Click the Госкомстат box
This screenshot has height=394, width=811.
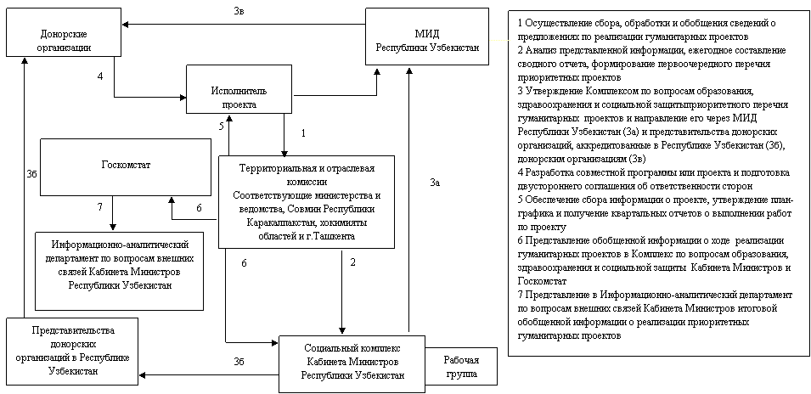coord(126,167)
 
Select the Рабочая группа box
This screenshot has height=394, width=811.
coord(461,367)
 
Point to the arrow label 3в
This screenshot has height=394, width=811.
coord(239,10)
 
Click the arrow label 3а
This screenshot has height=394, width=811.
coord(435,182)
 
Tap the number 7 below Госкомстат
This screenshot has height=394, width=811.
coord(100,207)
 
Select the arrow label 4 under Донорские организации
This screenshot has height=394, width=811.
coord(100,76)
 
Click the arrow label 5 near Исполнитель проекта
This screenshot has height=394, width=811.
coord(221,126)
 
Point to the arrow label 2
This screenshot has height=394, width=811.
coord(352,262)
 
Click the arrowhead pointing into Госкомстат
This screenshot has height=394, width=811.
coord(172,200)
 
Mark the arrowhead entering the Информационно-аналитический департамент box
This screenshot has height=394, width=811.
coord(113,228)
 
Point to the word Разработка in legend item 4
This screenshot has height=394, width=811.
coord(547,172)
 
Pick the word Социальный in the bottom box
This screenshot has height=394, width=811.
coord(324,348)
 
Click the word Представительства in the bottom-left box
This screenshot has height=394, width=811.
coord(73,330)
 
